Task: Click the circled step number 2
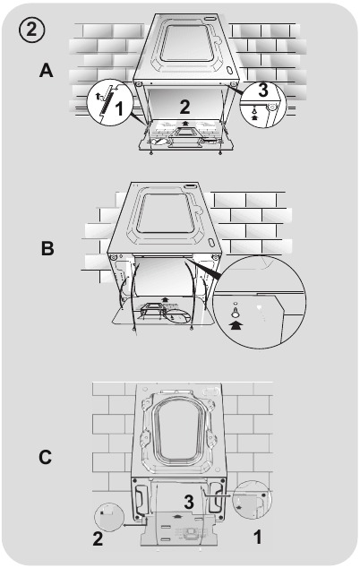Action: [x=31, y=30]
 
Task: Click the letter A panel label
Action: [x=46, y=70]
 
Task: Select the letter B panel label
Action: [x=47, y=249]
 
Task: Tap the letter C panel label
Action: [x=46, y=457]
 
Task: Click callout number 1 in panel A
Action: [x=118, y=108]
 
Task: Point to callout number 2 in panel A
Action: [x=184, y=107]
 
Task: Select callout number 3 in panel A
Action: [x=263, y=90]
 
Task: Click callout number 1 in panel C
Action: [x=257, y=537]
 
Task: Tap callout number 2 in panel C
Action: [x=98, y=538]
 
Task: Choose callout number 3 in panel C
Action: [x=189, y=502]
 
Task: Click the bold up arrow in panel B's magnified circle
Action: [x=236, y=325]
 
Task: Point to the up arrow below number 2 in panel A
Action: [x=185, y=123]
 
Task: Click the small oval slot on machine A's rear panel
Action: [x=229, y=69]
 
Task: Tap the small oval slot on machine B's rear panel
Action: [x=210, y=242]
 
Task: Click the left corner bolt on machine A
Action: [x=138, y=84]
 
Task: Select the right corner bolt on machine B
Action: [x=215, y=257]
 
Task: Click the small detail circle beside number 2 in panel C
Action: [x=109, y=517]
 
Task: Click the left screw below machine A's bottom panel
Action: [x=150, y=153]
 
